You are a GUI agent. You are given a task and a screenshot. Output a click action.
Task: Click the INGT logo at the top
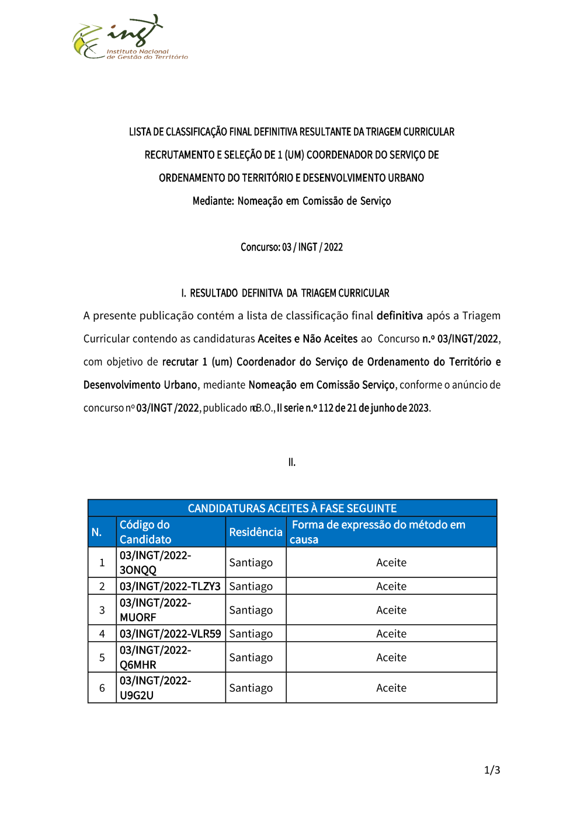(x=130, y=38)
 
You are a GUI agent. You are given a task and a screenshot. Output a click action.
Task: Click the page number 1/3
(x=492, y=770)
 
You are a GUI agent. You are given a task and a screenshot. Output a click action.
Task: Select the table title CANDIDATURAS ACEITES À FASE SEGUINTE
(x=292, y=509)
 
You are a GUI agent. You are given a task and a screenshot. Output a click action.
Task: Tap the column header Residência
(x=255, y=532)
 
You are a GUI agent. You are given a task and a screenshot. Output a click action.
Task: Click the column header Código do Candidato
(x=145, y=532)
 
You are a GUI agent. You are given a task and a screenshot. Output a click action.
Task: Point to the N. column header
(x=97, y=532)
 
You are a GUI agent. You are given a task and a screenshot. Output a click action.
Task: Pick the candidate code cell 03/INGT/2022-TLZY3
(x=170, y=586)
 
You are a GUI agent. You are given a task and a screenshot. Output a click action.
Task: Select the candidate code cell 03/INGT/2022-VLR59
(x=170, y=633)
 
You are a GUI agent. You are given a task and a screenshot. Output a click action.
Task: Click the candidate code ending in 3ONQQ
(x=155, y=562)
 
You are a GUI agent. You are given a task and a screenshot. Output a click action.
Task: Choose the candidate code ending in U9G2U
(x=155, y=688)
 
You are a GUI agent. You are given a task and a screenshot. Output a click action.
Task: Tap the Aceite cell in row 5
(x=391, y=657)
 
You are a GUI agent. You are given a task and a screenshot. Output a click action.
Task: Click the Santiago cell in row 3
(x=251, y=610)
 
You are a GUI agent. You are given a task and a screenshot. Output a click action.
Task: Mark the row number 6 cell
(x=102, y=688)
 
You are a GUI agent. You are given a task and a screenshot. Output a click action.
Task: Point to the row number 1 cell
(x=102, y=562)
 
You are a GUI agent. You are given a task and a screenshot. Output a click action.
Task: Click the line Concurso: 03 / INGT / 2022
(x=291, y=247)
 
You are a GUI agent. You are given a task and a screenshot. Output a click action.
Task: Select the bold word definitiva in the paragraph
(x=399, y=316)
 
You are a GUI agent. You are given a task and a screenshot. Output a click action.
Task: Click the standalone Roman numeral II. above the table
(x=292, y=462)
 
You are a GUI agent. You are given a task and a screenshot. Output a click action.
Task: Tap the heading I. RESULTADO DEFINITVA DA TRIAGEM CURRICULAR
(x=285, y=293)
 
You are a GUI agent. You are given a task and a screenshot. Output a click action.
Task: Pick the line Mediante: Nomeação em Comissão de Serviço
(x=291, y=201)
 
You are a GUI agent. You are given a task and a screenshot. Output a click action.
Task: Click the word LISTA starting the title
(x=140, y=132)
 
